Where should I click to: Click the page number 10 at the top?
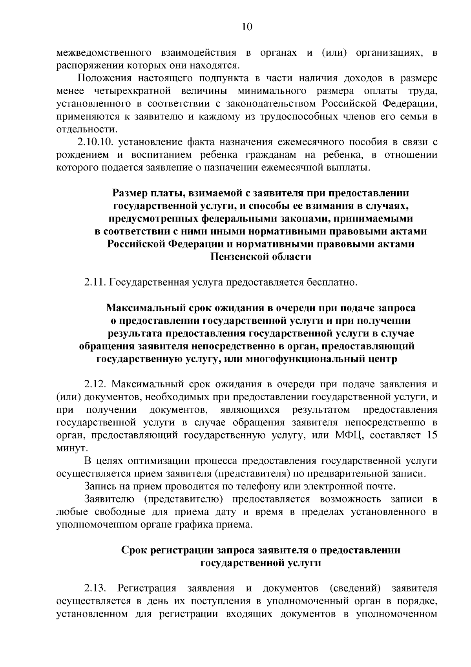coord(247,27)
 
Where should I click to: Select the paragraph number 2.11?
coord(95,282)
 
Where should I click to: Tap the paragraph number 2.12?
coord(95,384)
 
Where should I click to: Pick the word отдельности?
coord(87,129)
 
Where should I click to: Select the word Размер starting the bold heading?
coord(129,193)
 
